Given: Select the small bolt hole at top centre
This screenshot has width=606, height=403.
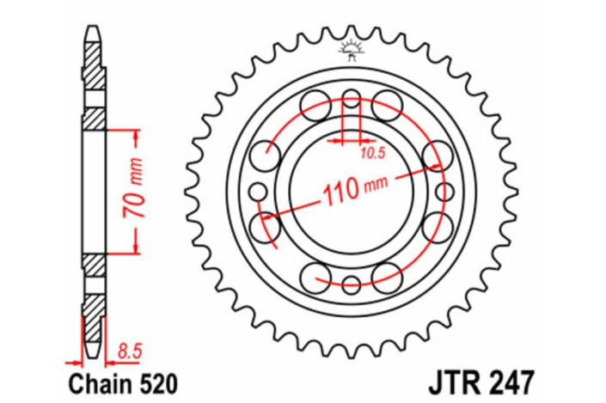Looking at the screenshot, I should [x=351, y=96].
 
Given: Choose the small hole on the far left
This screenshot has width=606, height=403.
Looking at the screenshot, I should [x=256, y=191].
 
